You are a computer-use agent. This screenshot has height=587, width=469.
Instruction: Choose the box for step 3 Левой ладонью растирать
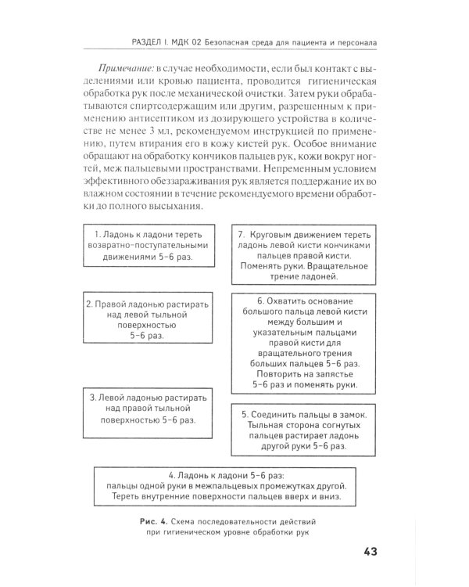pos(147,408)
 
